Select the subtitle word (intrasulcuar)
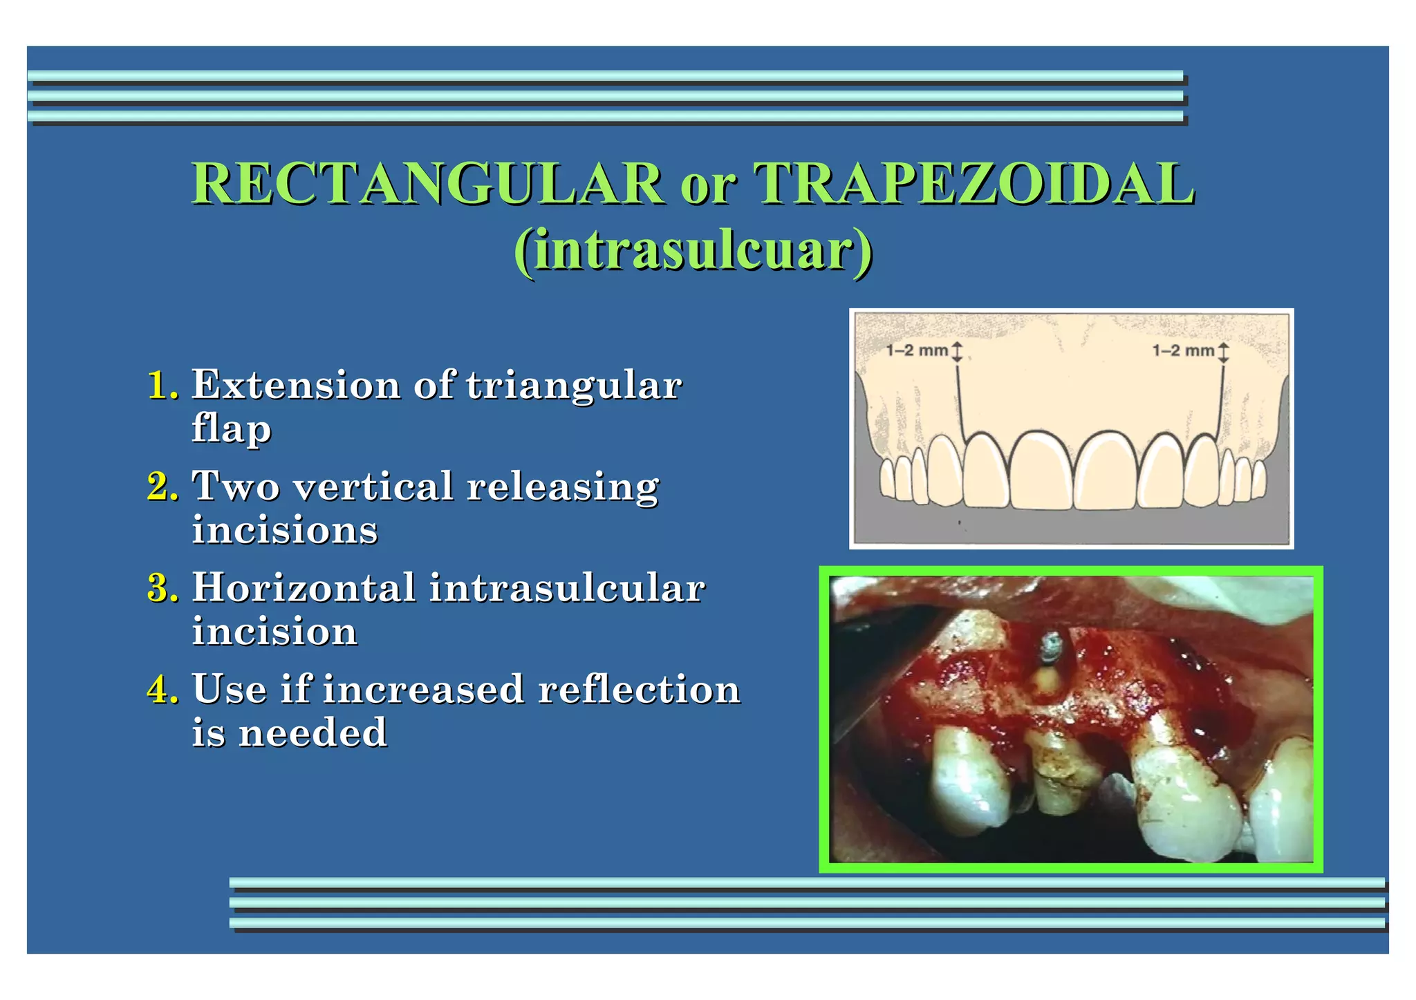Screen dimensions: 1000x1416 pyautogui.click(x=693, y=250)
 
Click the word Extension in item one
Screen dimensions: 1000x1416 pyautogui.click(x=296, y=385)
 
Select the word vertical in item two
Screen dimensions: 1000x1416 pyautogui.click(x=373, y=487)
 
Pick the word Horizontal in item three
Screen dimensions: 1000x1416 pyautogui.click(x=304, y=588)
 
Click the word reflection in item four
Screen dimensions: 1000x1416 pyautogui.click(x=639, y=690)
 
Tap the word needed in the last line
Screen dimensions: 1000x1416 pyautogui.click(x=313, y=733)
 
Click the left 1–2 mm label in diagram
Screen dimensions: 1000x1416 pyautogui.click(x=917, y=350)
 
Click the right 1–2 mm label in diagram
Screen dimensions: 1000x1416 pyautogui.click(x=1183, y=350)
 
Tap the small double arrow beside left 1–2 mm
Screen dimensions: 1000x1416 pyautogui.click(x=958, y=351)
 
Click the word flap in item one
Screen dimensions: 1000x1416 pyautogui.click(x=232, y=428)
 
